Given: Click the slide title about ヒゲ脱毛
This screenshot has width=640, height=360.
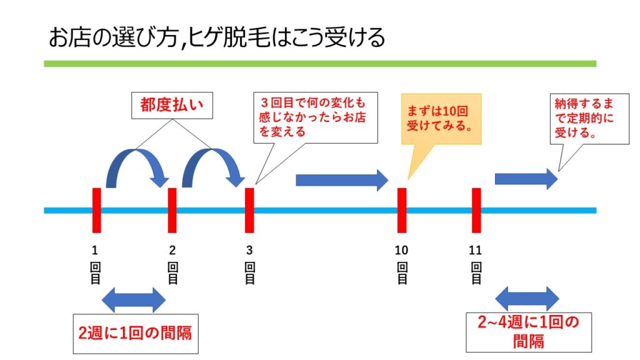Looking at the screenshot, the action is coord(217,38).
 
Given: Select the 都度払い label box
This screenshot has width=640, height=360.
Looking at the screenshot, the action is coord(172,105).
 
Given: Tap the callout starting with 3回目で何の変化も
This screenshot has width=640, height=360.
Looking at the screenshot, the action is coord(316,117).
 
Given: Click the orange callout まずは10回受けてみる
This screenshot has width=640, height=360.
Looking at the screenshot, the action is coord(441,118).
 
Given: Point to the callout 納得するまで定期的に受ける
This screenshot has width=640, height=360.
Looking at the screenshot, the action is coord(589,118).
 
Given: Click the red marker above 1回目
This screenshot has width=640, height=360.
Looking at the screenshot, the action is coord(97,210).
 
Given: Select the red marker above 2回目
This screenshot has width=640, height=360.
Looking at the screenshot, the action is coord(172,210).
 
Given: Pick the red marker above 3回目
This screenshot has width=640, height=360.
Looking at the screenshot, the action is coord(249,210).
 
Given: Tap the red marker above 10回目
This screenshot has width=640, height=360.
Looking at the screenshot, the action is coord(402,210).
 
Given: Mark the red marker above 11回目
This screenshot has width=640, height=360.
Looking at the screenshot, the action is coord(476,210).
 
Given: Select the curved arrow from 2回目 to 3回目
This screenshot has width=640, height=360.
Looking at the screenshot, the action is coord(212,152).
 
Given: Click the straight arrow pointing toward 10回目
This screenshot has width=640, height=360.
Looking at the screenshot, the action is coord(342,180).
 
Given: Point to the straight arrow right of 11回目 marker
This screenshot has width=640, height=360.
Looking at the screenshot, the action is coord(526,179).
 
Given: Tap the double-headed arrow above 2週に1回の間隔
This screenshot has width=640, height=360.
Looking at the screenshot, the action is coord(134,300).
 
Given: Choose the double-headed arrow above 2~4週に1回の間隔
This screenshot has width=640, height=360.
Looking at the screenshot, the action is coord(527,298).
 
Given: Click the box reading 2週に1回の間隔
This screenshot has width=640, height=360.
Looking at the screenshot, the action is coord(136,334).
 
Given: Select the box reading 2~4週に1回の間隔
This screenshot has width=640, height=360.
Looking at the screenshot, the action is coord(529,332).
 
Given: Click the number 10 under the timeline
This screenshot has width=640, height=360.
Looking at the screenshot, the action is coord(402,250).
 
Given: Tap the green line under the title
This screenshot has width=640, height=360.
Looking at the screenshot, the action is coord(320,64).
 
